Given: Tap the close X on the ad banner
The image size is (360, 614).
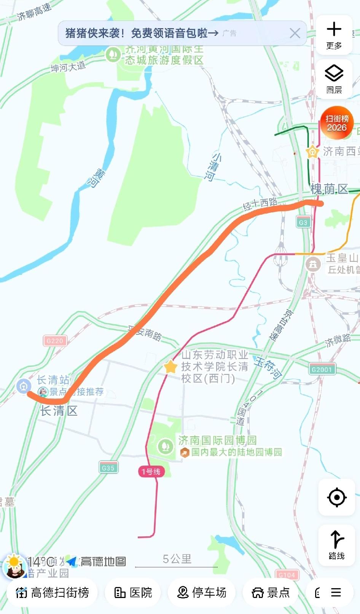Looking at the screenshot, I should tap(295, 33).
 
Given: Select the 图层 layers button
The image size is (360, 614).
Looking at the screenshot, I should tap(334, 79).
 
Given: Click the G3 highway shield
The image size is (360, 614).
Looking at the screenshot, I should tap(303, 223).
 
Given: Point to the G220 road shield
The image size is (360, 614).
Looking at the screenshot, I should tap(55, 341).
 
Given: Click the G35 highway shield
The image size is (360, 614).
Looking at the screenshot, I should tap(108, 468).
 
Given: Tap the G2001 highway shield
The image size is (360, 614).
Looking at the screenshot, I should tap(322, 369).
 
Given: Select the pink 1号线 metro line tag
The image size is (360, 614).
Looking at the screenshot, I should tap(151, 472).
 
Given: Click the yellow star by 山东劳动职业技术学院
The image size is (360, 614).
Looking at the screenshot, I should tap(170, 367).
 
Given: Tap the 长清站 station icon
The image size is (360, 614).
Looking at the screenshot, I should tap(24, 386).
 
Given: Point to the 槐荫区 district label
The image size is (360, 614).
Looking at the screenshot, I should tap(329, 189).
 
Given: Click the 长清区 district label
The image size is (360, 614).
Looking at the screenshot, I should tap(59, 411).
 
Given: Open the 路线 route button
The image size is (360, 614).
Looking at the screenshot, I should tap(336, 545).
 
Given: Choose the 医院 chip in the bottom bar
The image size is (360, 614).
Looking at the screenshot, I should tap(133, 592).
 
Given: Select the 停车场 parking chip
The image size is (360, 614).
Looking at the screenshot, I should tap(202, 592).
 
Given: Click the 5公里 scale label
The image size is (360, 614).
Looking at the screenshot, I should tap(177, 559).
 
